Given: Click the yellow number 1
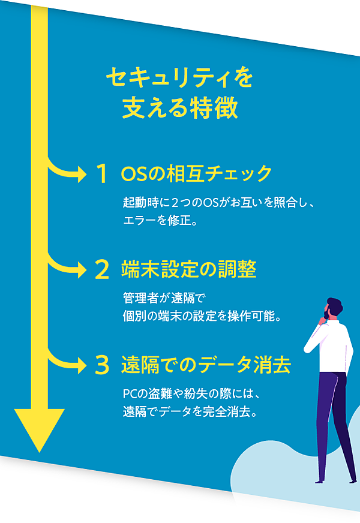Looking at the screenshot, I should point(103,175).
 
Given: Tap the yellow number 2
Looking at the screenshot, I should point(102,270).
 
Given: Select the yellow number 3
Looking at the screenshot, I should point(102,365).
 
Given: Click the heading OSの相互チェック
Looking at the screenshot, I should point(196,175).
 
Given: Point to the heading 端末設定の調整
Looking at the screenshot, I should point(188,270).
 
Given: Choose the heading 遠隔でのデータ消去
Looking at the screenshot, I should point(206,364).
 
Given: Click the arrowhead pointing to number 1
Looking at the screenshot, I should point(80,175).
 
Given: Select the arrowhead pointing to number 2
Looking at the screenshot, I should point(80,270).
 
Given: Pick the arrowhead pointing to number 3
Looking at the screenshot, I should point(80,364).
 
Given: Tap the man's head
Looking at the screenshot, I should point(334,308).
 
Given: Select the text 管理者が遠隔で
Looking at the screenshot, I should point(164,298).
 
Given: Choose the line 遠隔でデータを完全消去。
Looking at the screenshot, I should point(190,412).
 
